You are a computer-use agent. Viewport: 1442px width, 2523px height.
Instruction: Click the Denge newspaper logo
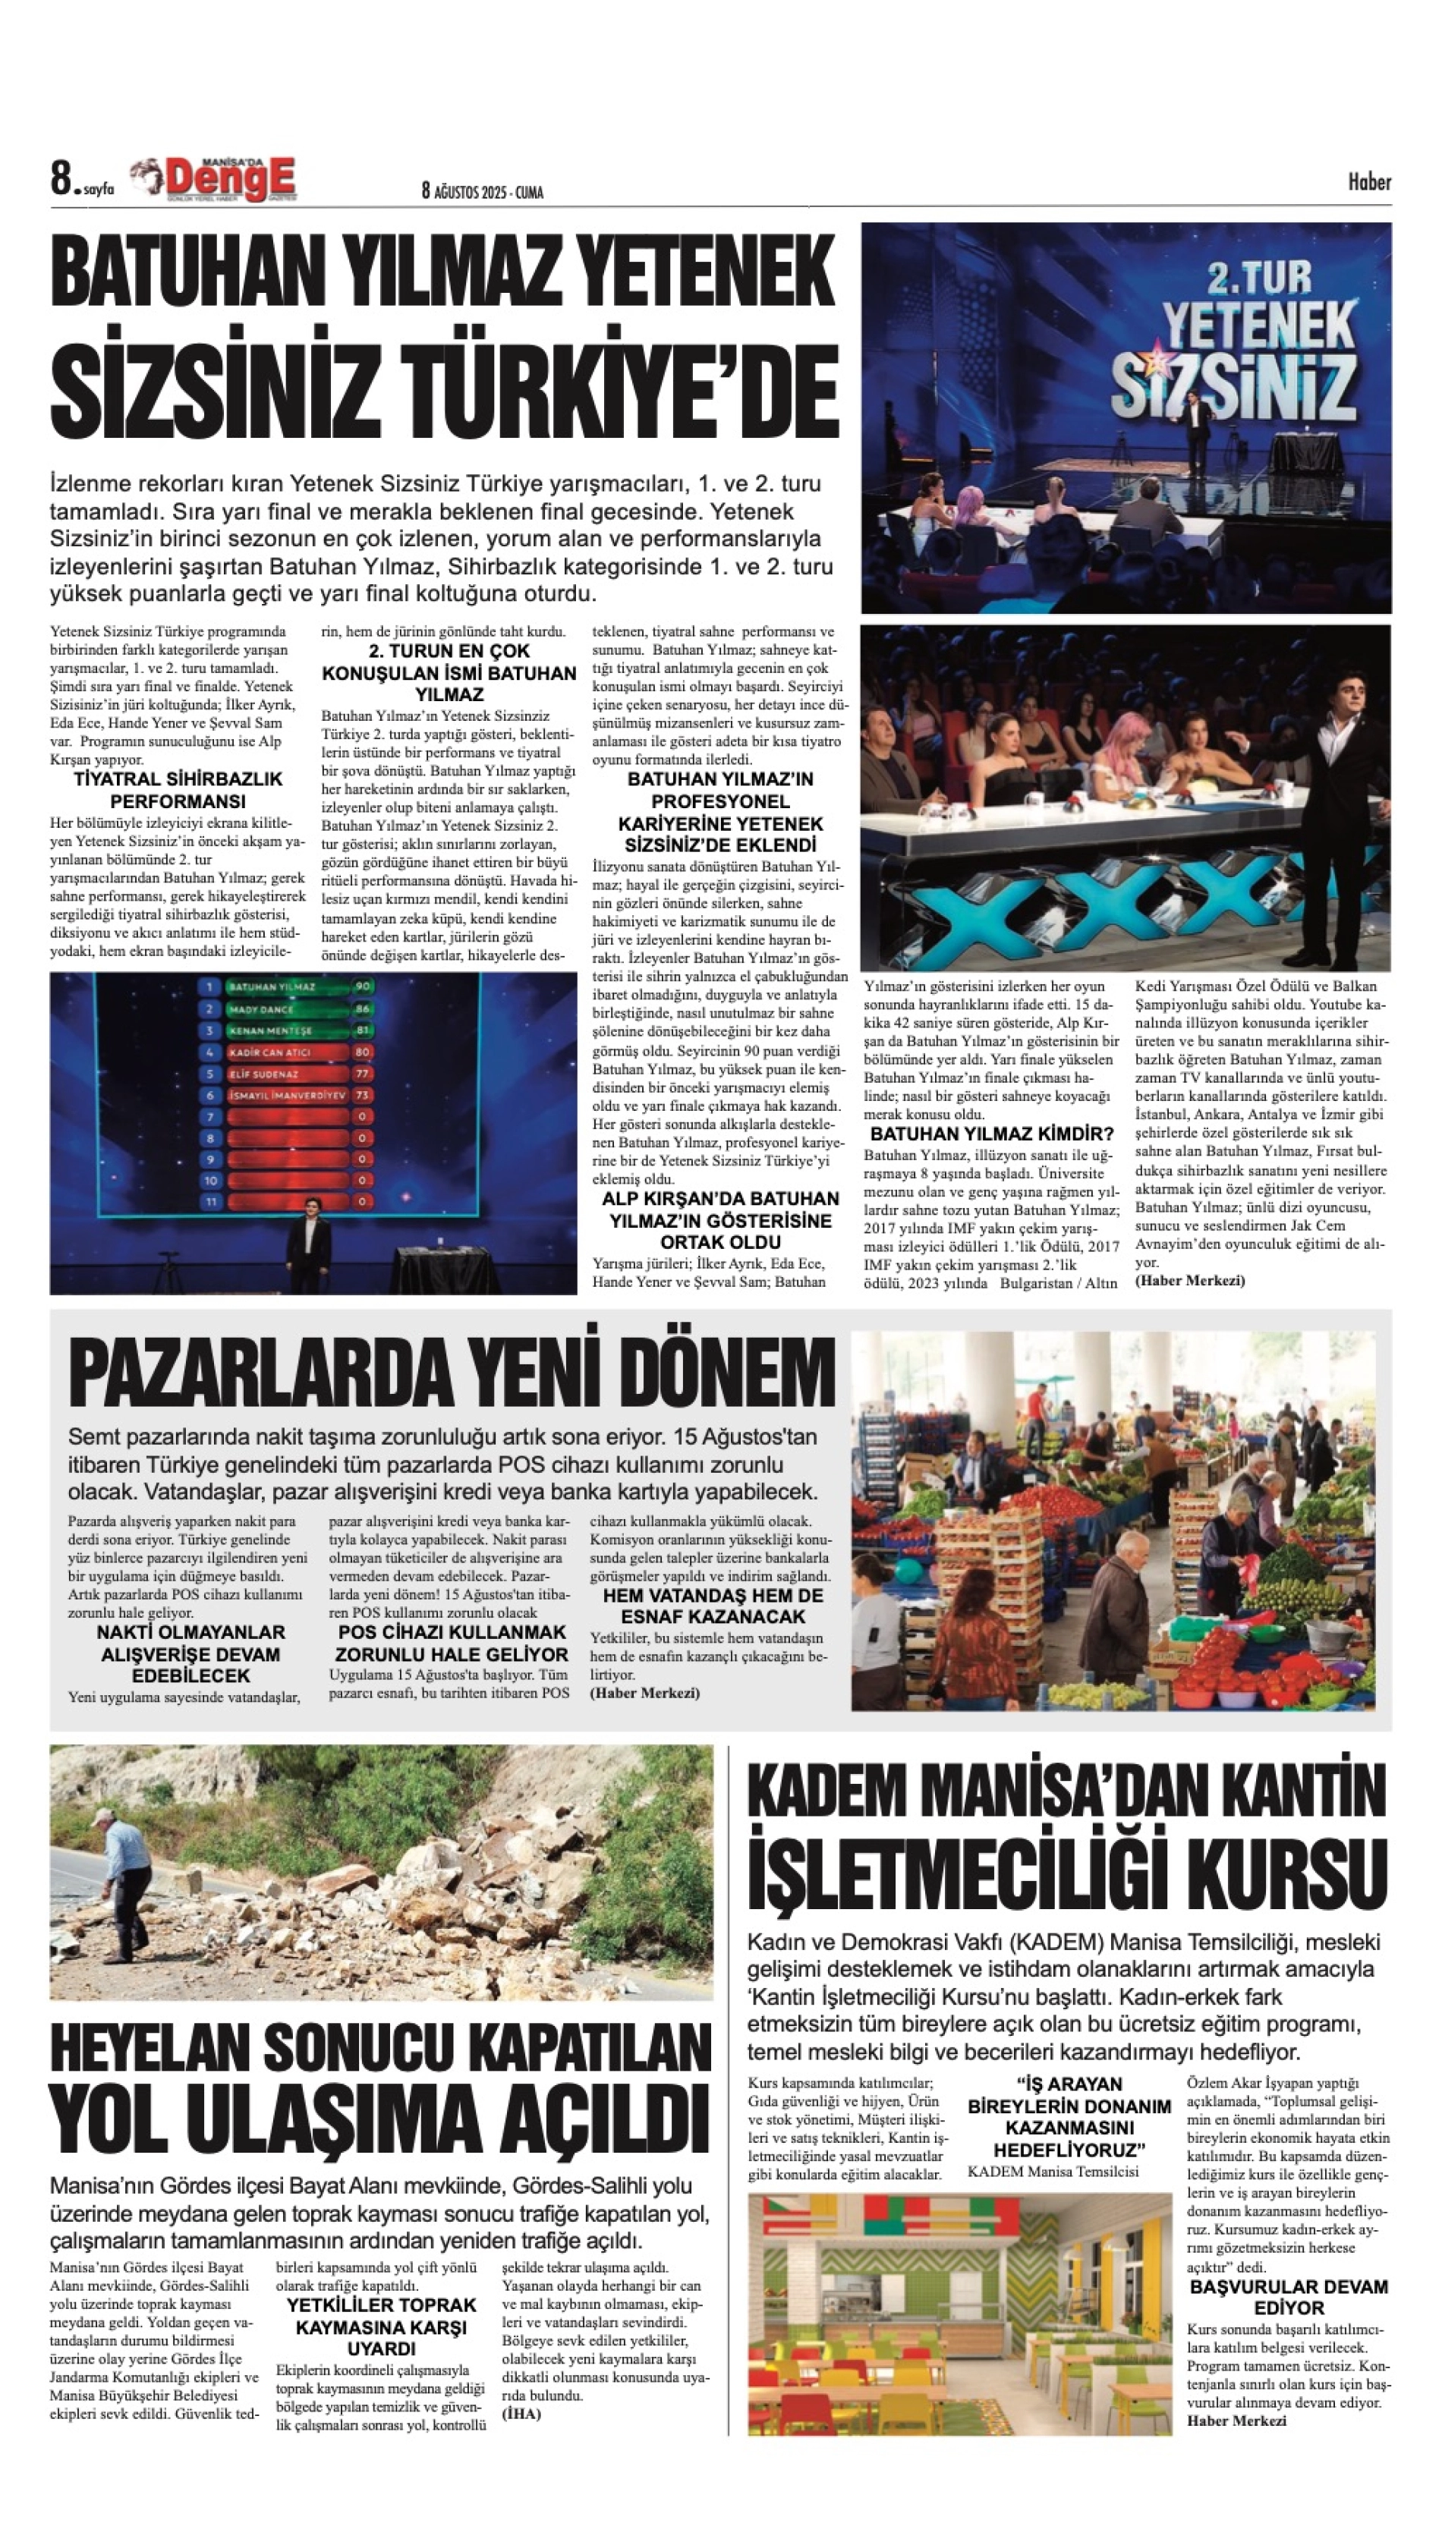click(216, 179)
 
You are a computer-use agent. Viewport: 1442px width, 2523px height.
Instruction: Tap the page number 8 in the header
click(62, 179)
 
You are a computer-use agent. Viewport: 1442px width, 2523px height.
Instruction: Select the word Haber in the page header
click(1368, 181)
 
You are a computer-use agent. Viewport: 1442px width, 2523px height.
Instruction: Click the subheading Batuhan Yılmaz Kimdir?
click(991, 1134)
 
